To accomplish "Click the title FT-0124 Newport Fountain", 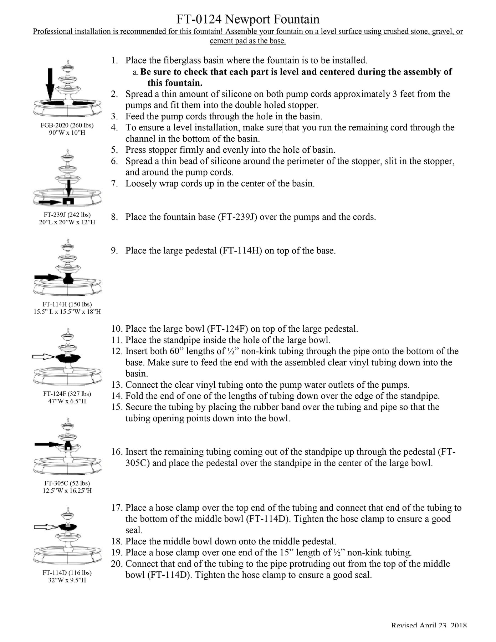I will [248, 19].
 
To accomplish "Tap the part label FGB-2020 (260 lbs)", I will [67, 125].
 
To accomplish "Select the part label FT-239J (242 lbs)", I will [67, 215].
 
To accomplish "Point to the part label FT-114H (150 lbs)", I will [67, 304].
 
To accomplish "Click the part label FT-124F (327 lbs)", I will [67, 394].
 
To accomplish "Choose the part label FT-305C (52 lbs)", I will [67, 483].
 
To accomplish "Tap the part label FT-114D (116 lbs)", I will [67, 573].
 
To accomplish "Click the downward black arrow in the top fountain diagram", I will [50, 84].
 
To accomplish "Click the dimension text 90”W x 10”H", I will [67, 133].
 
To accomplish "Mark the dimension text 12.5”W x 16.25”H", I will [67, 491].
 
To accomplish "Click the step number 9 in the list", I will [114, 251].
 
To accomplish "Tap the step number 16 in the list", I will [117, 452].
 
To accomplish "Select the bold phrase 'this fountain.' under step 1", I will [175, 83].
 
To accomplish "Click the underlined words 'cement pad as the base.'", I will [248, 41].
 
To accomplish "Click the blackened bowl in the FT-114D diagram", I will [68, 527].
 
